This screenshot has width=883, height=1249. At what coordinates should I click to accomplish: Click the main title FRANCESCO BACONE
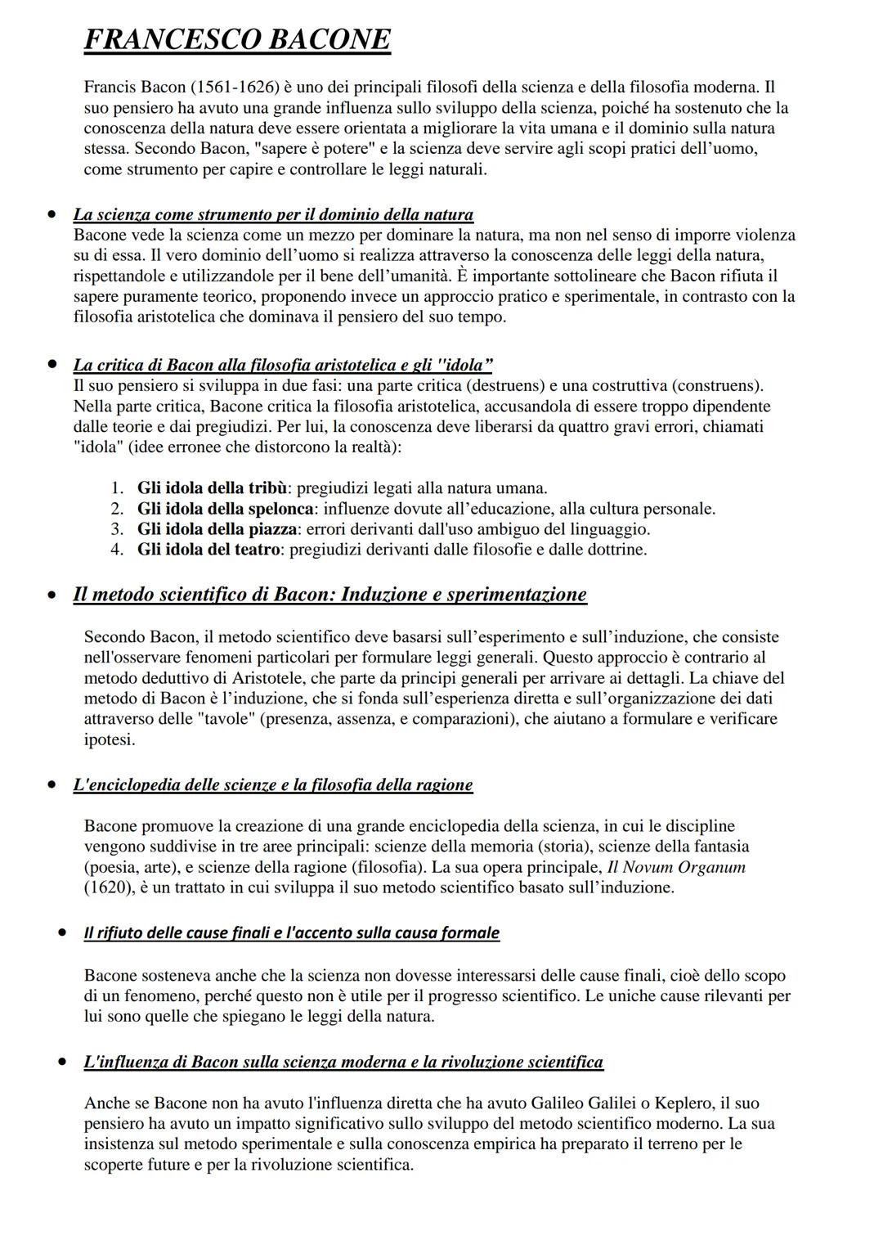pos(237,39)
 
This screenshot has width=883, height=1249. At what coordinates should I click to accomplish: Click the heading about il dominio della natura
pos(273,214)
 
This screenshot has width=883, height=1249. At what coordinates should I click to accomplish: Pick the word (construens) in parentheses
pos(719,385)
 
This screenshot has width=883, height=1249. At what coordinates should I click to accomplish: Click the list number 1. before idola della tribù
pos(117,488)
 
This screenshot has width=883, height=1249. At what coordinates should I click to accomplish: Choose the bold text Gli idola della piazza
pos(217,529)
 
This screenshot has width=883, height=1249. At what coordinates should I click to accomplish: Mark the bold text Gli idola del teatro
pos(208,550)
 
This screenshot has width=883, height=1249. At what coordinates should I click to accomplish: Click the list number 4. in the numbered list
pos(117,550)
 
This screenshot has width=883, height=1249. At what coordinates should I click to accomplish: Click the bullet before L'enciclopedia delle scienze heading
pos(52,784)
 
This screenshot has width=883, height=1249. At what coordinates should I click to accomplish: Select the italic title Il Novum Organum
pos(677,867)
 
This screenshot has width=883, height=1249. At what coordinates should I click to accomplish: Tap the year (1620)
pos(110,887)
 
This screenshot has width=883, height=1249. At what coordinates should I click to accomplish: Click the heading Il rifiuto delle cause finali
pos(291,933)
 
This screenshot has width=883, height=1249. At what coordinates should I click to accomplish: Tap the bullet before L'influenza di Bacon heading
pos(62,1062)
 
